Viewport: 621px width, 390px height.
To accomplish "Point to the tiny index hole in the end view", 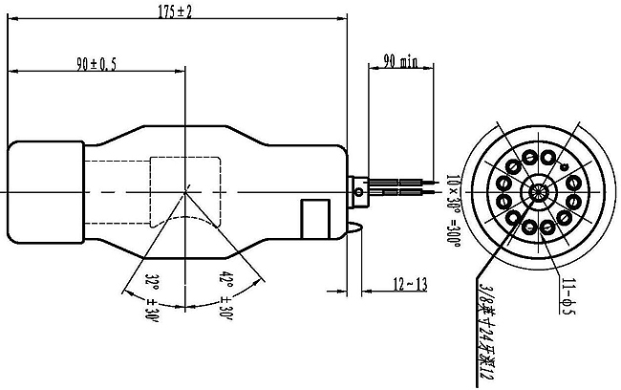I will click(x=565, y=168).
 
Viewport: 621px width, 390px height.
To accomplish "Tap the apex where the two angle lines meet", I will click(x=187, y=186).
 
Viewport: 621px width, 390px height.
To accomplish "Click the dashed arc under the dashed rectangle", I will click(x=187, y=219).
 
